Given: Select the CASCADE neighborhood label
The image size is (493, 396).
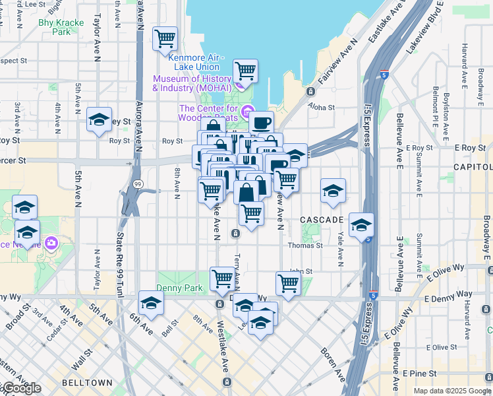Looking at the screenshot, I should click(x=322, y=219).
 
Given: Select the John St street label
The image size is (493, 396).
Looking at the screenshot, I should click(x=301, y=271).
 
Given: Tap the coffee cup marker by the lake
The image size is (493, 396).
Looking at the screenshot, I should click(x=261, y=123).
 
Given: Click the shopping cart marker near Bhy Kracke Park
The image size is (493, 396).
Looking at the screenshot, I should click(x=165, y=38).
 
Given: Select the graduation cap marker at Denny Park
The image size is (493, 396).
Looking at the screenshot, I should click(x=151, y=304).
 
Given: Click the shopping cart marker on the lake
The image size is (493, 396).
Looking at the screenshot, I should click(x=245, y=71).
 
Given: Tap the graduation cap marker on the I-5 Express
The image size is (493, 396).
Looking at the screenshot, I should click(x=361, y=226).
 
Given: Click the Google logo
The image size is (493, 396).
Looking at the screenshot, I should click(x=21, y=388).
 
